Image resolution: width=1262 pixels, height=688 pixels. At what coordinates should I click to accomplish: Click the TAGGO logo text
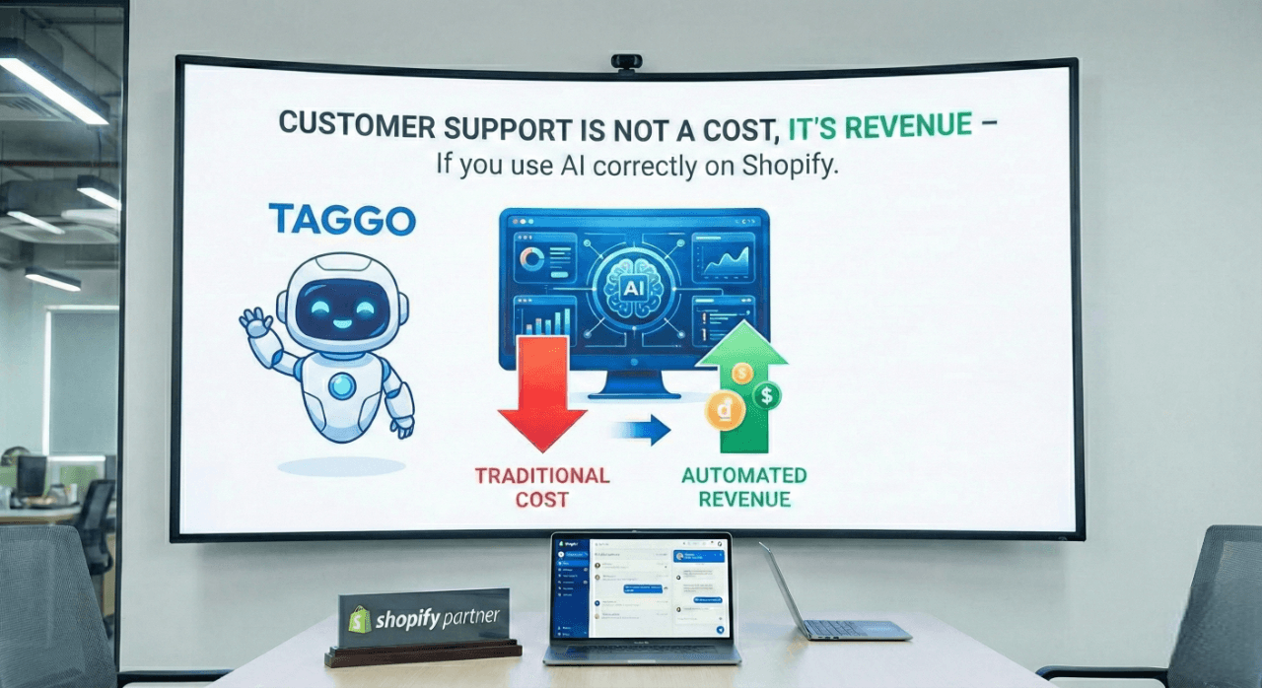(x=342, y=220)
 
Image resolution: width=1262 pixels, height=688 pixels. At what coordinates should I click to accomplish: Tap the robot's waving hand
(x=255, y=322)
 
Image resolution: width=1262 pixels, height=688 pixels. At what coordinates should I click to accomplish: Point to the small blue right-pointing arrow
(x=640, y=430)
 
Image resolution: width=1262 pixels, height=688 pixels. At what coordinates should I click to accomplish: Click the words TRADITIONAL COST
(x=542, y=487)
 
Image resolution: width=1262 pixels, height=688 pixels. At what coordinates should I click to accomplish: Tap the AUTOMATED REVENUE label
(x=744, y=487)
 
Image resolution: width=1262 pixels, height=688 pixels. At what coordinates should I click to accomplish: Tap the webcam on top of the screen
(x=626, y=62)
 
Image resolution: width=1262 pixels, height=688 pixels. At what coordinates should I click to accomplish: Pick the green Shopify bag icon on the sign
(x=359, y=619)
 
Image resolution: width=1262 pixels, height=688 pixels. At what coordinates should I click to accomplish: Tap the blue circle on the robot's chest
(x=342, y=385)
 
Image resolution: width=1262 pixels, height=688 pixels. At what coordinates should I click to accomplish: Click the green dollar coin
(x=765, y=396)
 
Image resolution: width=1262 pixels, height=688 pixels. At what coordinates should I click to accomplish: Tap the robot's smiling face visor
(x=341, y=307)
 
